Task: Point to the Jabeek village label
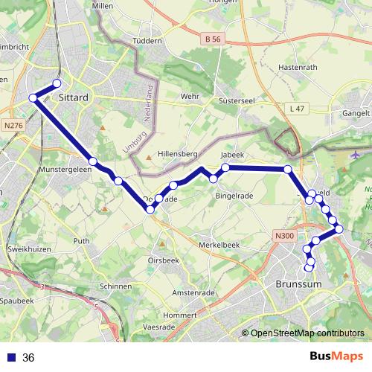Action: click(232, 156)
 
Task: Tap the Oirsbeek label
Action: click(162, 260)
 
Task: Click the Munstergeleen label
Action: click(50, 170)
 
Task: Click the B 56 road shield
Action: click(213, 38)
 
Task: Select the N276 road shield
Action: click(13, 126)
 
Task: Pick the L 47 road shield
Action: click(296, 109)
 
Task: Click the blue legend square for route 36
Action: click(11, 358)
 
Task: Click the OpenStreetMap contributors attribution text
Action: click(307, 333)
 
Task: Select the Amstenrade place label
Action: click(194, 293)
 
